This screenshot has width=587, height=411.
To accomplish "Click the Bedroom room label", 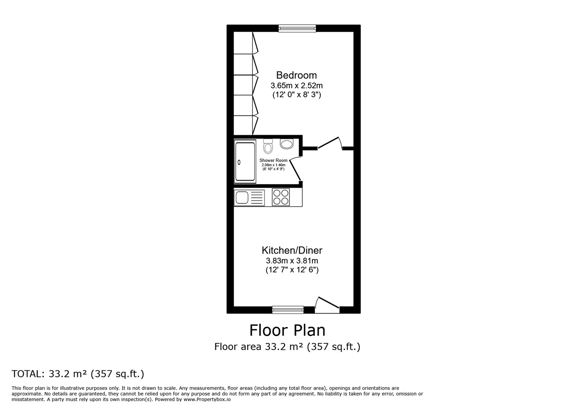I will pos(296,75).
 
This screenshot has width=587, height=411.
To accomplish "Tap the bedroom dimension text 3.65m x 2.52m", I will pos(296,86).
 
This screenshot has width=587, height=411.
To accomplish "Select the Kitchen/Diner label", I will pos(292,250).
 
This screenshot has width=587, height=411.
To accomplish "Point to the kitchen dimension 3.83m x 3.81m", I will pos(292,261).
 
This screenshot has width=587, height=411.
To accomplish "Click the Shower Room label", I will pos(273,161).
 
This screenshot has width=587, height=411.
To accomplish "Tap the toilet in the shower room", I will pos(268,146).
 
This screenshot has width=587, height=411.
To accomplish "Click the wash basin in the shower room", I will pos(287,144).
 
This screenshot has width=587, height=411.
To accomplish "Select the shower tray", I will pos(245,161).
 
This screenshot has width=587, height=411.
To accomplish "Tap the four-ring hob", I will pos(281,197).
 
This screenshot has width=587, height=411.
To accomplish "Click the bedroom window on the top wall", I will pos(297,28).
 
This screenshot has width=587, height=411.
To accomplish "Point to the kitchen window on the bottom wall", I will pos(288,310).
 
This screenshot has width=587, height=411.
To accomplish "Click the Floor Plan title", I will pos(287,331).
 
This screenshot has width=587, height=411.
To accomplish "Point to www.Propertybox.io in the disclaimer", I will pos(207,399).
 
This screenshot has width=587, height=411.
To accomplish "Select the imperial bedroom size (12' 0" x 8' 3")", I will pos(296,95).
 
